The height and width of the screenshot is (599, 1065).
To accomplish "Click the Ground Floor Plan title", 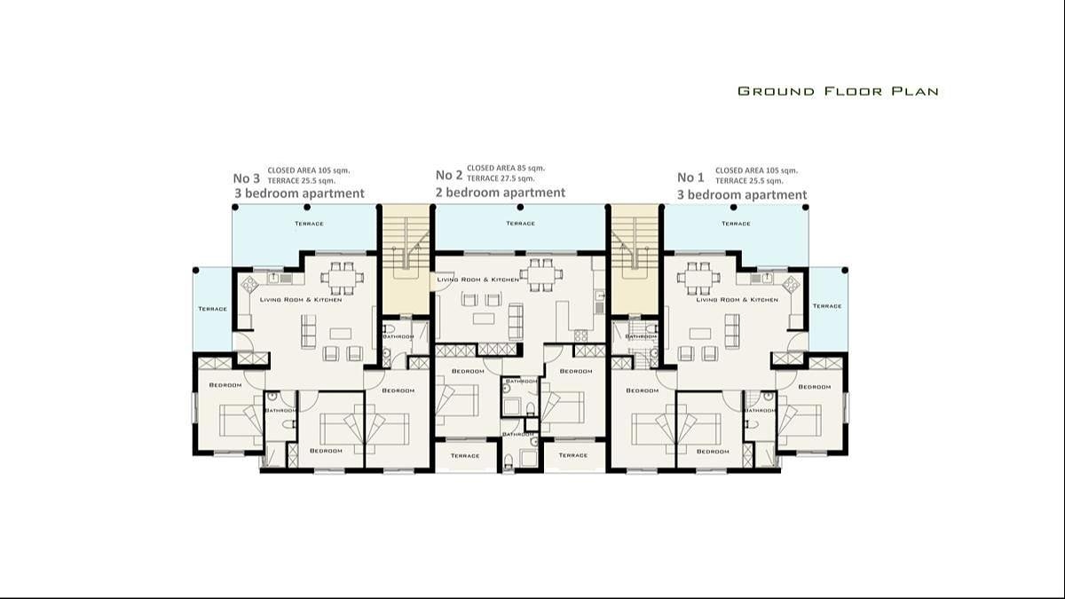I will pos(838,91).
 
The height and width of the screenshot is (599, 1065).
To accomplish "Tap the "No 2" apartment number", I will pos(449,175).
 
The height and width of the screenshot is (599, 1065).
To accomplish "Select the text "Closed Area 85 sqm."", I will pos(506,168).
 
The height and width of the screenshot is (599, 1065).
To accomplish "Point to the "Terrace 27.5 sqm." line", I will pos(501,179).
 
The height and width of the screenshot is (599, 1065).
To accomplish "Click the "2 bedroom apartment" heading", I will pos(501,193).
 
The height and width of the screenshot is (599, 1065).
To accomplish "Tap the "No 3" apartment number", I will pos(247,177).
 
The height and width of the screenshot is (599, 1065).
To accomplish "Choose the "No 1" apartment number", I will pos(691,177).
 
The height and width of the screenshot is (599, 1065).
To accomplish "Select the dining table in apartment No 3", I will pos(342,278).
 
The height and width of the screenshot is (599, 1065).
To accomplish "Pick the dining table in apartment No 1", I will pos(698,278).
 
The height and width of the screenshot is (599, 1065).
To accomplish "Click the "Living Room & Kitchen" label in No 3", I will pos(301,300).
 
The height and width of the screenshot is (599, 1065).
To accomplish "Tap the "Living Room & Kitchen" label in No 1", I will pos(737,300).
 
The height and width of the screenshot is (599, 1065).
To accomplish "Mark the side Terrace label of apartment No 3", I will pos(212,309).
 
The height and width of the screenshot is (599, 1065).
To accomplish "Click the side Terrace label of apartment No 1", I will pos(826,306).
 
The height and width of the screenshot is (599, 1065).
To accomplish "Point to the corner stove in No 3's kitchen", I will pos(249,284).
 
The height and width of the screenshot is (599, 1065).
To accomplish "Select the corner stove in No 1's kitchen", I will pos(790,284).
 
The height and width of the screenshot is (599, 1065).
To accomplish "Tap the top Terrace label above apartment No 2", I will pos(520,224).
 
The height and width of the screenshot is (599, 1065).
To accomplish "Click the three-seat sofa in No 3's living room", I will pos(309,331).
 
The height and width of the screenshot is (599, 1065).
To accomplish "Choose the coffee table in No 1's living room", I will pos(700,334).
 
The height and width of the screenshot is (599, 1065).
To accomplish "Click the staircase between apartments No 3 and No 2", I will pos(406,257).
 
